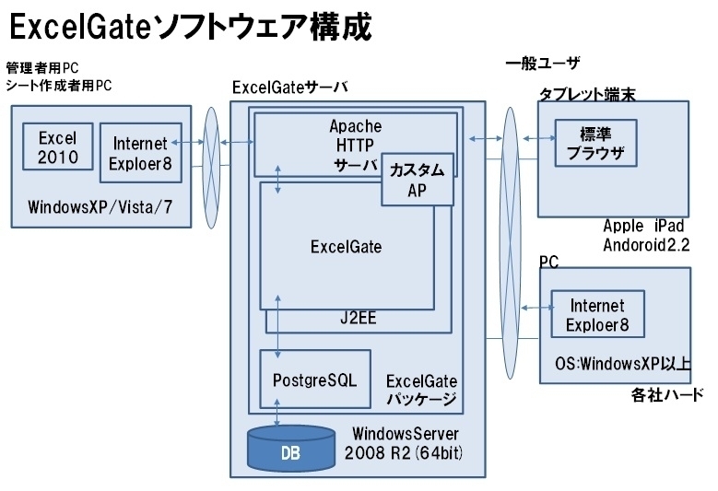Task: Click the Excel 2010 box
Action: [58, 146]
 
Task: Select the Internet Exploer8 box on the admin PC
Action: [141, 153]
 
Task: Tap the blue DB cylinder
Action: [290, 448]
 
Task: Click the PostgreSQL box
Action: [315, 380]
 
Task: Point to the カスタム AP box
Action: [418, 180]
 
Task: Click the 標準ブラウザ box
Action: [595, 143]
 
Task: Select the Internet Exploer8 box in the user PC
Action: [597, 314]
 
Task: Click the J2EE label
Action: [359, 318]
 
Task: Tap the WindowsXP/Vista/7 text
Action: [100, 207]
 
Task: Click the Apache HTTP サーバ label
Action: [356, 145]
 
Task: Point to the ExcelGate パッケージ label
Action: [422, 390]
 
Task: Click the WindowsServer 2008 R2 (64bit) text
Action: [404, 443]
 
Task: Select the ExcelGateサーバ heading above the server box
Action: [289, 87]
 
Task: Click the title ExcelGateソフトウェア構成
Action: [191, 27]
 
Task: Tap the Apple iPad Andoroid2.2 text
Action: [646, 235]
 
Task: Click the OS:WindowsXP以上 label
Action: [623, 363]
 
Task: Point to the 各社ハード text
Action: [667, 394]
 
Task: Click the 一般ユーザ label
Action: [543, 63]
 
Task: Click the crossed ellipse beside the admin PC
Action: [211, 168]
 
